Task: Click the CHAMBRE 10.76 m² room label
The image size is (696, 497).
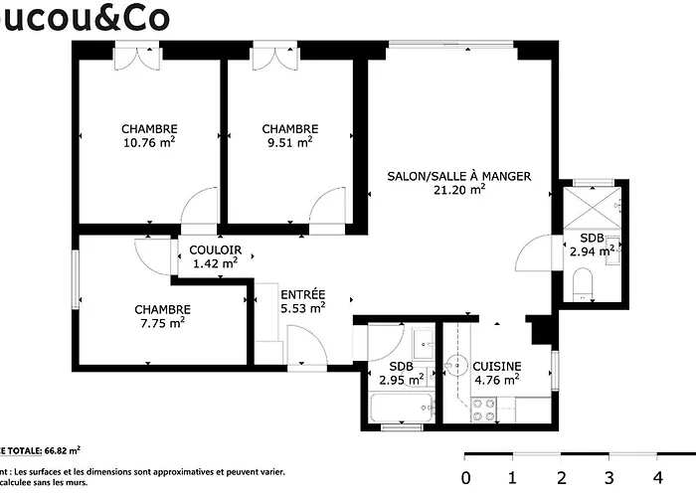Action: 149,135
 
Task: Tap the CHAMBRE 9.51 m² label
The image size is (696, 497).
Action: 289,135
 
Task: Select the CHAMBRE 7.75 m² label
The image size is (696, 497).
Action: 162,316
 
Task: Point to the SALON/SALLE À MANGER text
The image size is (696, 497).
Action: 458,177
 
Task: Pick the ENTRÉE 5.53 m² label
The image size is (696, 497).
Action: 303,301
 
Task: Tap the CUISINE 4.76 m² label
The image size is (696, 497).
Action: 496,372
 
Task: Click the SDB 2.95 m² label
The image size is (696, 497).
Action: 402,372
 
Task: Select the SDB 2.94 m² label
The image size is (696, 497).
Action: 592,245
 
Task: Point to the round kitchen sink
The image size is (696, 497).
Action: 458,363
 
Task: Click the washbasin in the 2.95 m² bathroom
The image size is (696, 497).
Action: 422,341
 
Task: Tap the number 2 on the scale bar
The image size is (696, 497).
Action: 561,475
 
